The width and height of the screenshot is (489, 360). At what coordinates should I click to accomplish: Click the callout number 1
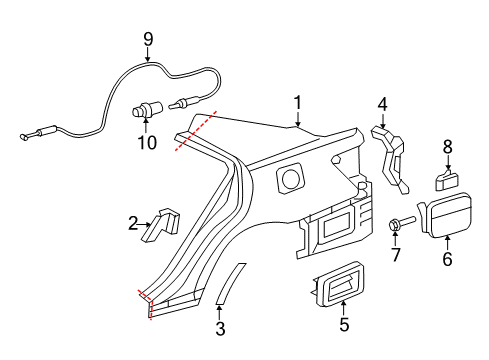click(x=297, y=102)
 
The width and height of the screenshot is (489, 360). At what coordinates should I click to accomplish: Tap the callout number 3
click(x=221, y=326)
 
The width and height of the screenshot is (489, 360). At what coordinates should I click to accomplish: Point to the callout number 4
click(x=382, y=103)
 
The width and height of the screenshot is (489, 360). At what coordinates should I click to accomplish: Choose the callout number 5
click(x=345, y=323)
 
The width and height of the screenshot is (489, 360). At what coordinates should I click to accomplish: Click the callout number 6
click(x=447, y=260)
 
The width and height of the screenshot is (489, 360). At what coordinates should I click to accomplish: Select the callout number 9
click(x=148, y=40)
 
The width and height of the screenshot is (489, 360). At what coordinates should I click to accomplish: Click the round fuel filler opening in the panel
click(x=290, y=180)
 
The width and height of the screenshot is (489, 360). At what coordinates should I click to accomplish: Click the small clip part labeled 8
click(x=447, y=180)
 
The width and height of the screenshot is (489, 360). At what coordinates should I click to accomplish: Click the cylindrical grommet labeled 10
click(x=147, y=110)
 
